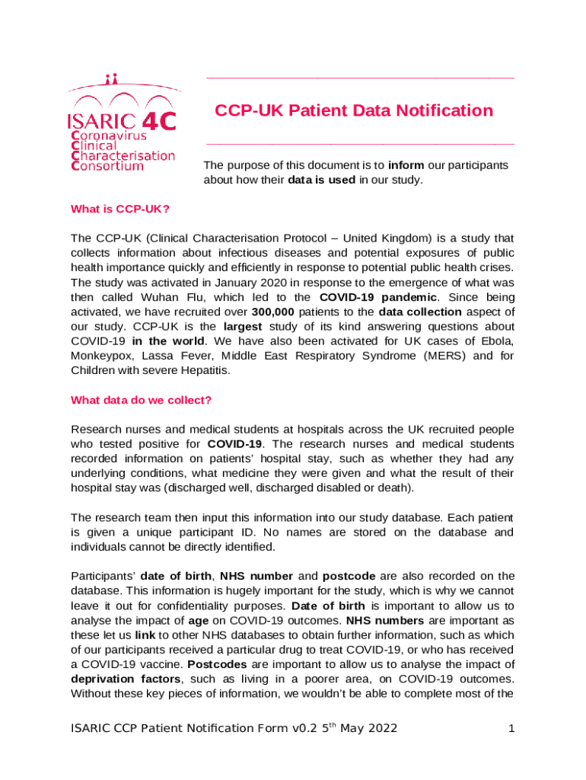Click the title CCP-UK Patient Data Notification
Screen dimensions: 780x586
353,110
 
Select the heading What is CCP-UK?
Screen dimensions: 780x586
119,209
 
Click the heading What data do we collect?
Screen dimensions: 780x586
141,400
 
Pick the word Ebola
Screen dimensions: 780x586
497,340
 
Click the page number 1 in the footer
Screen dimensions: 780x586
513,729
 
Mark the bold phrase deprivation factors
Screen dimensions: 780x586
118,679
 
